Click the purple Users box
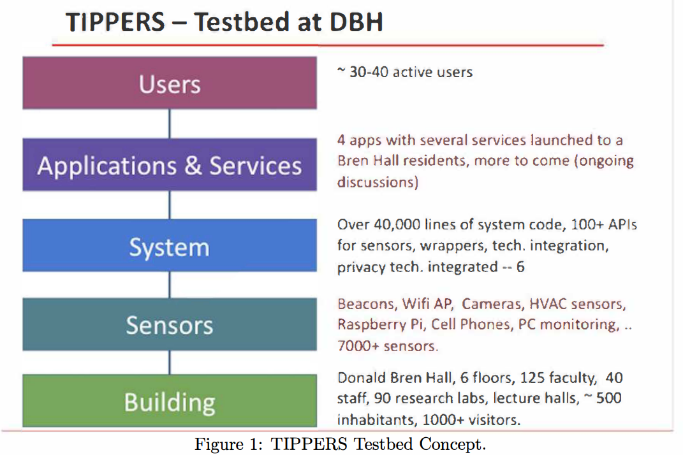(x=170, y=83)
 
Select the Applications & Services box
(x=170, y=164)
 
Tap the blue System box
(x=170, y=245)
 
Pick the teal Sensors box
(x=170, y=324)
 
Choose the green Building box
(x=170, y=401)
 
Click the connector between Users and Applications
(x=170, y=124)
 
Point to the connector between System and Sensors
(x=170, y=285)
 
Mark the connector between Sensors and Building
(x=170, y=362)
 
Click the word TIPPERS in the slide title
(x=115, y=22)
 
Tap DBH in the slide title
(x=356, y=22)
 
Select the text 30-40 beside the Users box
(x=369, y=72)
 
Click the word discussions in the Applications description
(x=378, y=182)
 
